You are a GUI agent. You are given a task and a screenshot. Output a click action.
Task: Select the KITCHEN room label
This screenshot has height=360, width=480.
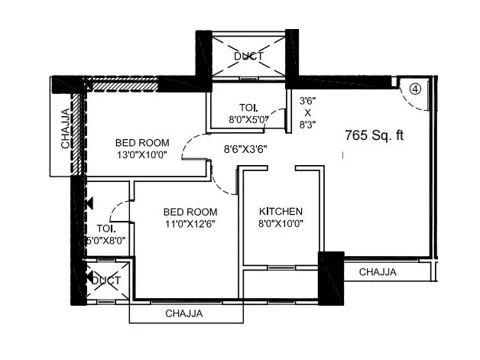(x=281, y=212)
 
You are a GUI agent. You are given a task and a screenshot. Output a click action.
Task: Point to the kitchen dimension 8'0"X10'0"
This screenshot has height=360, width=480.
(x=281, y=224)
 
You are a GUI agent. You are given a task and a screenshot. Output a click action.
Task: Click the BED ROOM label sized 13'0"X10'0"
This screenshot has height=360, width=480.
(x=142, y=142)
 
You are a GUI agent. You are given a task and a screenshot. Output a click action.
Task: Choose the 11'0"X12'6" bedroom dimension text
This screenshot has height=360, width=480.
(x=191, y=224)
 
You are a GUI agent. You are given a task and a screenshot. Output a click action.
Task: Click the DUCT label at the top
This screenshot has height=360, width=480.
(x=248, y=56)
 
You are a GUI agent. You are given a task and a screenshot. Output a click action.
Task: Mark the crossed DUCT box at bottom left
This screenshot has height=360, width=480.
(x=105, y=281)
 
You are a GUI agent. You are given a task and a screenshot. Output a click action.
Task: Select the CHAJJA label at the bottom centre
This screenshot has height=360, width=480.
(x=183, y=313)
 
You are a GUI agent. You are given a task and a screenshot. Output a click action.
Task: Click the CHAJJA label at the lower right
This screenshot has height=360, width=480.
(x=378, y=271)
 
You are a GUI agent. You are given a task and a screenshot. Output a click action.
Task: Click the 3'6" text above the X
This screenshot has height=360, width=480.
(x=307, y=99)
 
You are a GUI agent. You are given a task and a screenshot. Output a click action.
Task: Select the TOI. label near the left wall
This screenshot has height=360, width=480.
(x=106, y=229)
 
